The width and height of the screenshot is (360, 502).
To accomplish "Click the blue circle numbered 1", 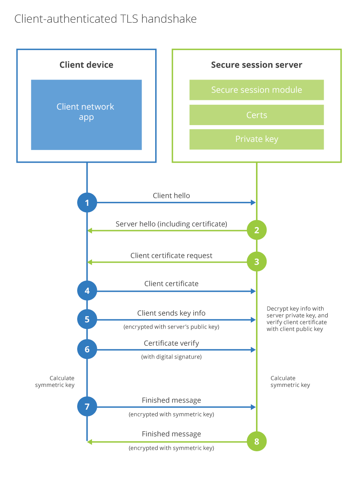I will (87, 203).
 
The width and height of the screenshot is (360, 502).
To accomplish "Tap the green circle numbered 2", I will (256, 230).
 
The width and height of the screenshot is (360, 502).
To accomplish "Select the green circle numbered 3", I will (256, 262).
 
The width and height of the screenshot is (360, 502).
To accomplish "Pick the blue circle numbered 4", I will (87, 291).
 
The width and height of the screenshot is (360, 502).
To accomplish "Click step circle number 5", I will (87, 319).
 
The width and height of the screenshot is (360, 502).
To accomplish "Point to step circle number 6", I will (87, 349).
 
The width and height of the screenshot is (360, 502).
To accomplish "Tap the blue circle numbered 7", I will (87, 407).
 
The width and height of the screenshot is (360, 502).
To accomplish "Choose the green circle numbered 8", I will (256, 441).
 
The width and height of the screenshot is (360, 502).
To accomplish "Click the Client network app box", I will (86, 115).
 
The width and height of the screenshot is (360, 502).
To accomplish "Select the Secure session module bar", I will (256, 90).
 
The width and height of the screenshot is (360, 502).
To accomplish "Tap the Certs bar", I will (256, 115).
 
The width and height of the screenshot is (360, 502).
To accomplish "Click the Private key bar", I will (256, 139).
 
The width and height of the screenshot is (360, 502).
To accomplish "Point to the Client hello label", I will (171, 196).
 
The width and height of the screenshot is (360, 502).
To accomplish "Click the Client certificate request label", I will (171, 255).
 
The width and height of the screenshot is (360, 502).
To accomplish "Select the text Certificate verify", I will (171, 343).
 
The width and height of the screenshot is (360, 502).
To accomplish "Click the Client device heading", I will (86, 65).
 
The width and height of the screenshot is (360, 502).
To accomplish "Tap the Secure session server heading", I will (256, 65).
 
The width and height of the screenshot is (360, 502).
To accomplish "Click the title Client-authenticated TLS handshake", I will (106, 19).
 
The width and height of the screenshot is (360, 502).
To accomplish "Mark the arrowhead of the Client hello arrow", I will (253, 203).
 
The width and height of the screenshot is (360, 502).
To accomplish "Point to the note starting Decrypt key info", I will (297, 319).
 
